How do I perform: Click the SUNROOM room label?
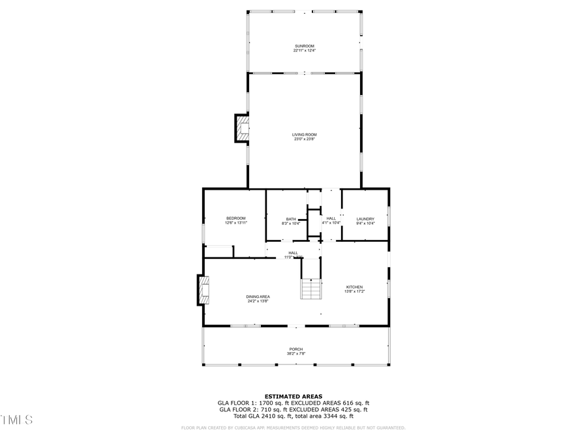tap(304, 46)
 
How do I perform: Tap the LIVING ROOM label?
tap(304, 134)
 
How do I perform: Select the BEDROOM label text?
tap(236, 218)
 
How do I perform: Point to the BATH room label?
tap(291, 219)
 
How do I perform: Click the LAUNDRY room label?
tap(365, 218)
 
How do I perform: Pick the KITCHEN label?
tap(354, 287)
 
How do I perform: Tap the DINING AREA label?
tap(258, 297)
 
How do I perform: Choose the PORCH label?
tap(296, 349)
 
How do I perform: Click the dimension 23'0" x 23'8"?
tap(304, 139)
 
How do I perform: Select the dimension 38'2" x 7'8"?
tap(296, 354)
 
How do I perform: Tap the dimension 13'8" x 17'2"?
tap(354, 291)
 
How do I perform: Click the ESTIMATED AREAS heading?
tap(293, 396)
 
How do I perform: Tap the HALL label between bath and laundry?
tap(331, 218)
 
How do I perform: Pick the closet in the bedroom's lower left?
tap(218, 251)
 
